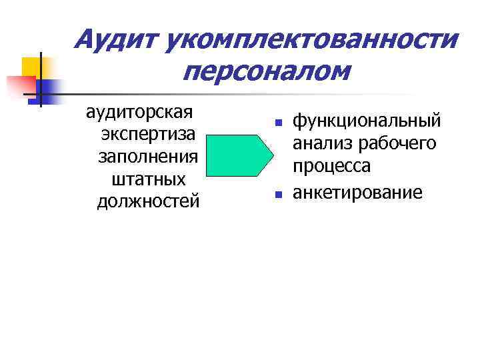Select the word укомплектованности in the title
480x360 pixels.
coord(313,40)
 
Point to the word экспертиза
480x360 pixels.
coord(148,133)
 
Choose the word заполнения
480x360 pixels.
coord(148,155)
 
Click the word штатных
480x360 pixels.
coord(148,178)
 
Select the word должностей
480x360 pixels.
coord(148,201)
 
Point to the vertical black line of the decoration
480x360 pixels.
coord(41,79)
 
